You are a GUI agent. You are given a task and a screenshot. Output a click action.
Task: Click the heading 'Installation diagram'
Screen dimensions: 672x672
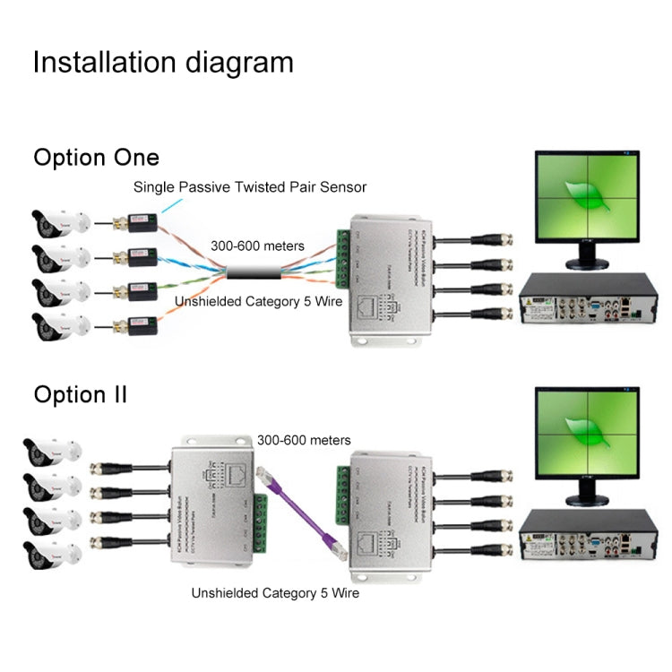coord(162,62)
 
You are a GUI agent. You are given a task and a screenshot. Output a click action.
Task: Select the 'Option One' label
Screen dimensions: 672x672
coord(96,158)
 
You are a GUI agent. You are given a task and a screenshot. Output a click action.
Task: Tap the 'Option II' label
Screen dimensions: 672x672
coord(80,394)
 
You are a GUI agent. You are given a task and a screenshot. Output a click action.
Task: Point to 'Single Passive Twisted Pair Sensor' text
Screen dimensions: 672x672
coord(250,187)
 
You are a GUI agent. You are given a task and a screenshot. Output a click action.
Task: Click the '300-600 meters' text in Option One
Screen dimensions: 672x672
coord(257,246)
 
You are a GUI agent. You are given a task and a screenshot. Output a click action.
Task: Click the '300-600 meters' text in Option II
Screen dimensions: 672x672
coord(304,440)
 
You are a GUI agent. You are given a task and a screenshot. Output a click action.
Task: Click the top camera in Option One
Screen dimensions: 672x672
coord(58,221)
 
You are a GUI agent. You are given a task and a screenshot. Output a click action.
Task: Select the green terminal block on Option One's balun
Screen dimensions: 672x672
coord(341,261)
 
